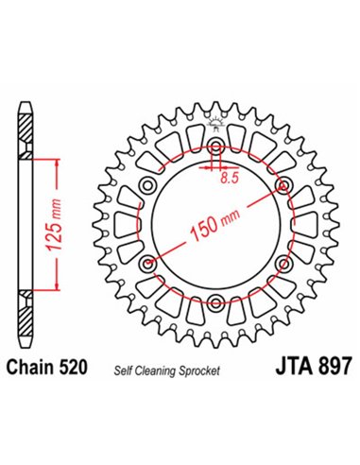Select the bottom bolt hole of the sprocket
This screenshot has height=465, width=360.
216,302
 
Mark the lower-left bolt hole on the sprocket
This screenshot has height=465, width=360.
149,265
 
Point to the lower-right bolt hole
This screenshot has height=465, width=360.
283,265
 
